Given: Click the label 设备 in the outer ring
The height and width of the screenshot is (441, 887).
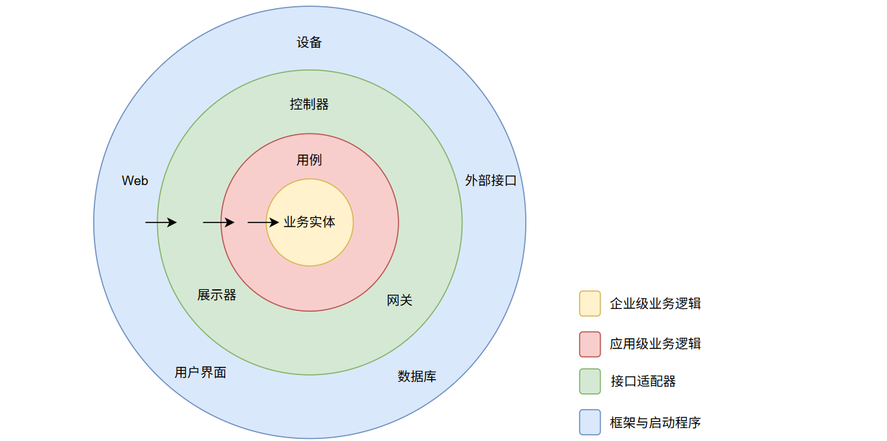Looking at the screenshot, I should coord(309,42).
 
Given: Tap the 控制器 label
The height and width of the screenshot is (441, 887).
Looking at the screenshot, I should coord(309,104).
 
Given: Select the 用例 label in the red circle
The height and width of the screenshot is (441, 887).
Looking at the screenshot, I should coord(309,160).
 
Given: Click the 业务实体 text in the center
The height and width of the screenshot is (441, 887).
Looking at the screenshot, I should coord(309,222).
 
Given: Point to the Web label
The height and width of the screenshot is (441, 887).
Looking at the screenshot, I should coord(135,180).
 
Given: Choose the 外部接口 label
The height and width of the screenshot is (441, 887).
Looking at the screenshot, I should coord(491,180).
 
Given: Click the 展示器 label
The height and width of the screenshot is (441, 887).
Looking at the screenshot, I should coord(217,295).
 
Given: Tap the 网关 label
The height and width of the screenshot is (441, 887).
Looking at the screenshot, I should coord(399,300).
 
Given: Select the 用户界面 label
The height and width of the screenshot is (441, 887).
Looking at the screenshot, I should coord(200,372).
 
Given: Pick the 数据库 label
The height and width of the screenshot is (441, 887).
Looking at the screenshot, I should coord(417,376).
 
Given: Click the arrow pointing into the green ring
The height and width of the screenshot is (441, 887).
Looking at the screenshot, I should coord(161,223).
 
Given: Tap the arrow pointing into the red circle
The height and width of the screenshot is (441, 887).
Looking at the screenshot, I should coord(218,223).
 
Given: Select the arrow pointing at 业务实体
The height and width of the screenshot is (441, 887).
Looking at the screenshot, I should coord(263,223).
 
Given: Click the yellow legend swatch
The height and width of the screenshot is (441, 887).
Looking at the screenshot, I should coord(590,304).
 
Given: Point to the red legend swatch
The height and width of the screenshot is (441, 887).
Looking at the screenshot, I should coord(590,344).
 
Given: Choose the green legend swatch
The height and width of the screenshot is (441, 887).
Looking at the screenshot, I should coord(590,381).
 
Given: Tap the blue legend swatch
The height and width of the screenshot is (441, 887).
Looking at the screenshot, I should coord(590,422).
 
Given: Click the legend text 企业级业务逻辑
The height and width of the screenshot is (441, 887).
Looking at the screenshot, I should coord(655,304).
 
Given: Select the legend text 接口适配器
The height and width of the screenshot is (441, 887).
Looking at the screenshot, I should coord(643,381).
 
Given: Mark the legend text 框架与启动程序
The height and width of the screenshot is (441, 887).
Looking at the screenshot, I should coord(655,422).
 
